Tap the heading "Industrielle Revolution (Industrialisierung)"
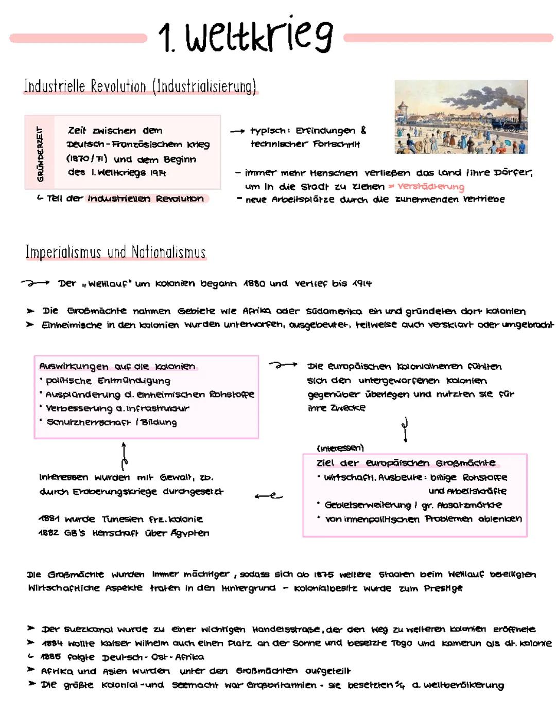140,86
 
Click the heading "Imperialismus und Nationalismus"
116,253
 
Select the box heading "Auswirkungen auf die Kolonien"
117,366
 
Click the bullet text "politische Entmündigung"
108,381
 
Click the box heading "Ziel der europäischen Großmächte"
406,462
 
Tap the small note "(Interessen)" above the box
340,448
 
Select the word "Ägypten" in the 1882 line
190,533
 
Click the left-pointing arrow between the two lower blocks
268,496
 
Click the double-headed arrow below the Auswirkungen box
124,455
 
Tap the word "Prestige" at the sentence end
443,588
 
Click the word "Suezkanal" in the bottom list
89,629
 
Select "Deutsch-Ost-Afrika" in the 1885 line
152,657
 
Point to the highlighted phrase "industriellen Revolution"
146,199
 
